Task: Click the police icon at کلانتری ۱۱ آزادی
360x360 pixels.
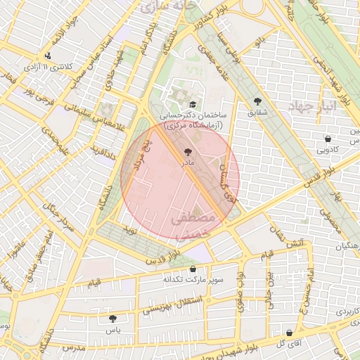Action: point(47,56)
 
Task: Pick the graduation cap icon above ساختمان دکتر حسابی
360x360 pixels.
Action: point(191,103)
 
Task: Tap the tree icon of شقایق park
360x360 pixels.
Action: point(258,101)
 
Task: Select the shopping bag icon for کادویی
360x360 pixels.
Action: point(328,138)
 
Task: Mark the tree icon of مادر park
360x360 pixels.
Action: point(187,151)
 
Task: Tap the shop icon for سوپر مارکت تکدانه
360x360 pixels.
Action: point(193,269)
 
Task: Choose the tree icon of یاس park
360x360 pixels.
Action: point(112,319)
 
